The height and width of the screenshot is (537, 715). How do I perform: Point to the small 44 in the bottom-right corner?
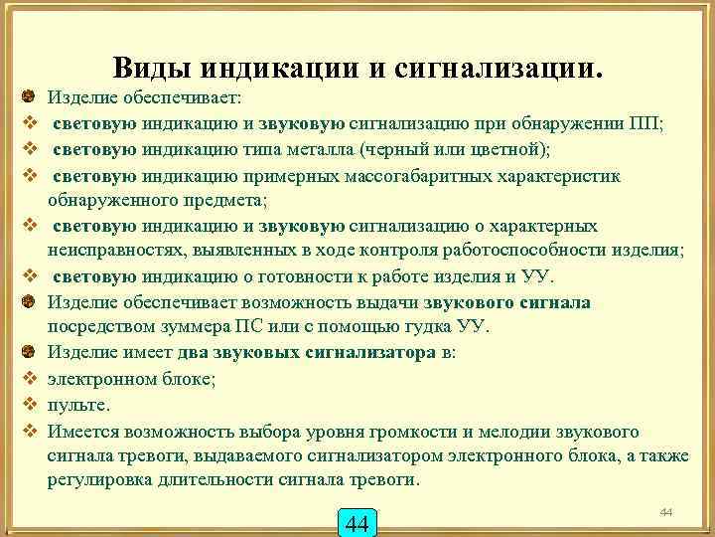pyautogui.click(x=666, y=511)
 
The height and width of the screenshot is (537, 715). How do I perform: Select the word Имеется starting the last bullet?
pyautogui.click(x=82, y=432)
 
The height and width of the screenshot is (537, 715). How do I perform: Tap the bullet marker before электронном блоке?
pyautogui.click(x=30, y=380)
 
